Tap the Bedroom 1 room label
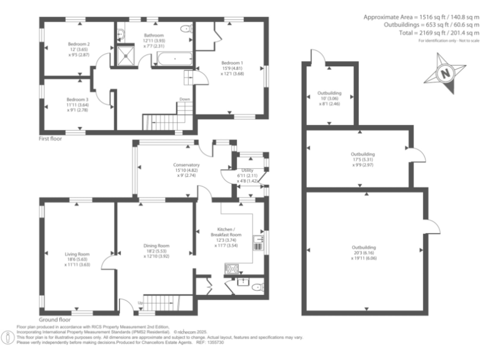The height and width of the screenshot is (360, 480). [232, 62]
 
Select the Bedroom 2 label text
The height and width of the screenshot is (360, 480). [79, 44]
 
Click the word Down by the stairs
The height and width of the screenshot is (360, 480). [184, 99]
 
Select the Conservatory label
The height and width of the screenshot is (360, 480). [186, 165]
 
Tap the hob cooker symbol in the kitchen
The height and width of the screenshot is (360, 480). [232, 270]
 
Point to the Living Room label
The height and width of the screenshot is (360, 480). [77, 254]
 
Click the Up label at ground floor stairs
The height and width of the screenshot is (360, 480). [139, 304]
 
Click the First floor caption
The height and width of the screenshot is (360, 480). [52, 139]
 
